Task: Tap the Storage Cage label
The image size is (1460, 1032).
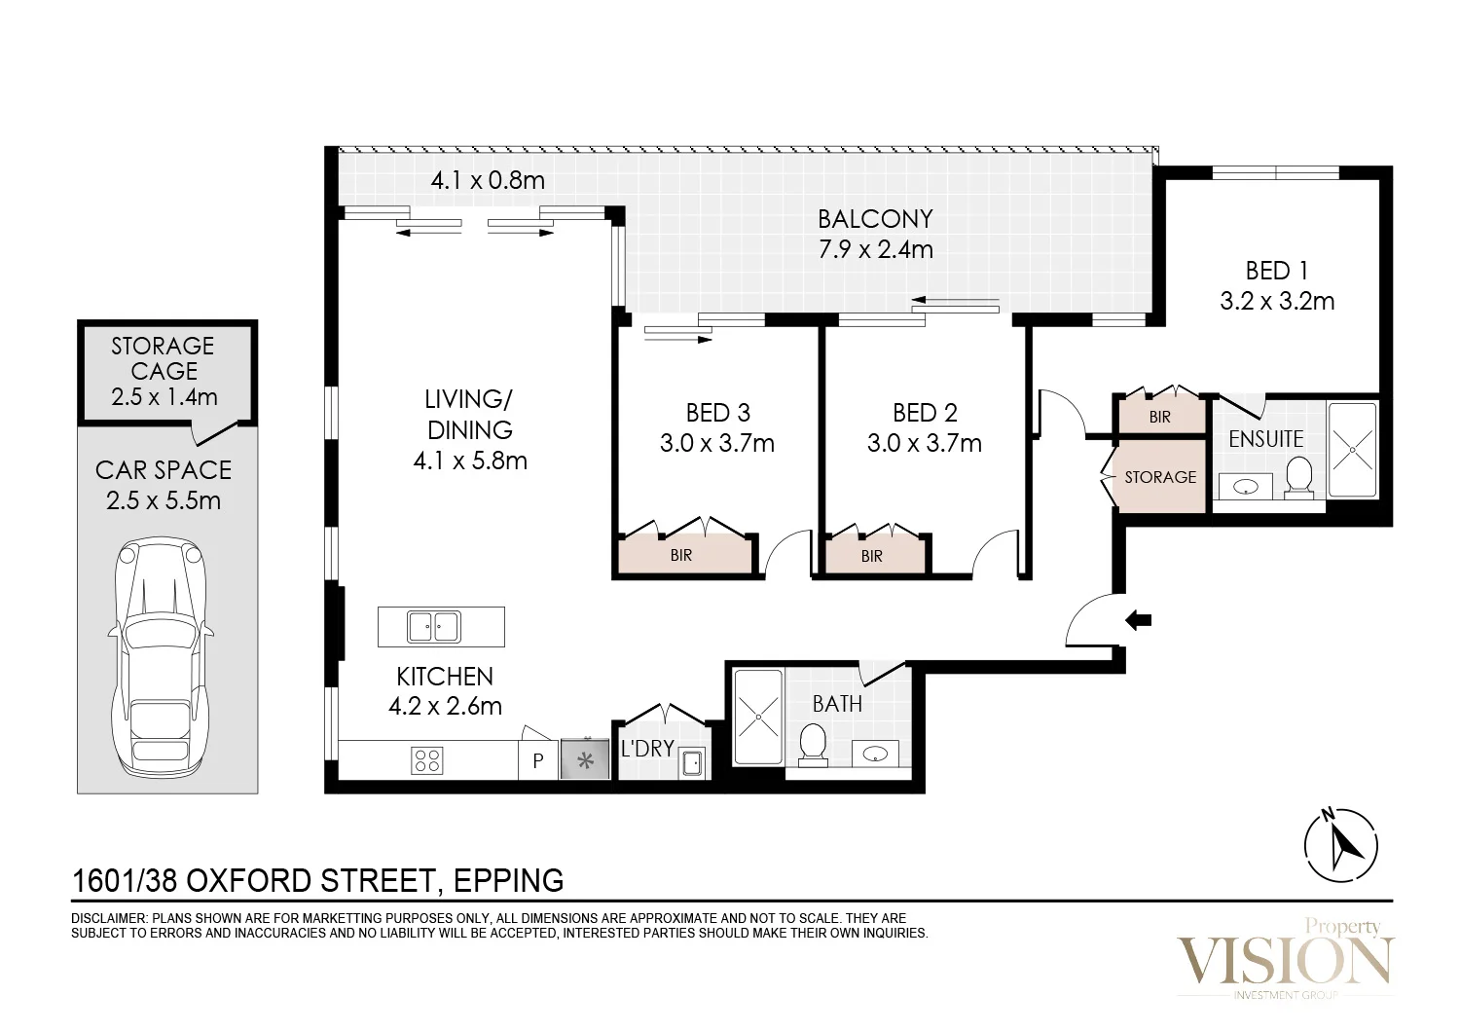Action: [x=164, y=371]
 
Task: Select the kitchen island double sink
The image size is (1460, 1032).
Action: [x=434, y=626]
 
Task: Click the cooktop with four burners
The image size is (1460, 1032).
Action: [x=427, y=760]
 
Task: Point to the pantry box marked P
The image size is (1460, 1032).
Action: [x=538, y=760]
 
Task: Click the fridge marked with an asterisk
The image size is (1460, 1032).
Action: [x=585, y=759]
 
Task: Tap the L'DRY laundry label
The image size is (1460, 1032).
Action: [x=647, y=749]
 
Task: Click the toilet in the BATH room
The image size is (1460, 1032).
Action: [x=812, y=745]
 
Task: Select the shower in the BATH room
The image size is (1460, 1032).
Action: [x=758, y=717]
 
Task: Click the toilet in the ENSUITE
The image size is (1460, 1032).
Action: [x=1299, y=477]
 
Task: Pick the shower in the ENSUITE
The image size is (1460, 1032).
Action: [x=1353, y=450]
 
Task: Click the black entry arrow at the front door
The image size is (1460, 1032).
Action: [x=1139, y=620]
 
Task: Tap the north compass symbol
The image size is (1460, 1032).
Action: [x=1340, y=844]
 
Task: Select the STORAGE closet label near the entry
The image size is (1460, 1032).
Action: [x=1160, y=477]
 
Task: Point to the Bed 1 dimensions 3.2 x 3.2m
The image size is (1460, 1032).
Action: [x=1277, y=301]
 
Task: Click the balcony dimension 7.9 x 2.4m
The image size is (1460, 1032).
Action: [x=875, y=249]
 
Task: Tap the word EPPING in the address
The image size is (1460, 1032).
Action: [x=508, y=881]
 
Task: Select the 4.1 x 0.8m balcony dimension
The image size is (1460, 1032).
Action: [x=488, y=180]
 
